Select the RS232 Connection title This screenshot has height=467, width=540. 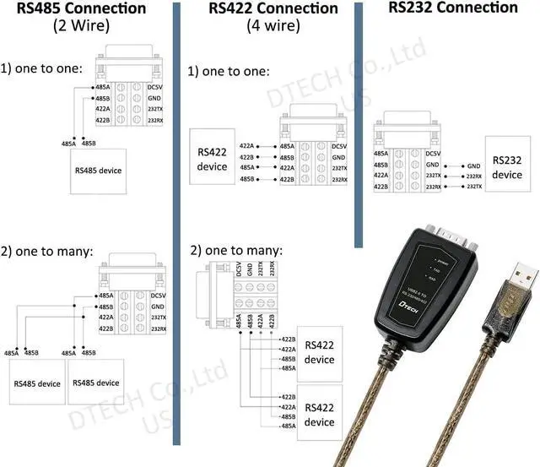tap(453, 8)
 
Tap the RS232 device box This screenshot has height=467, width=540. tap(507, 167)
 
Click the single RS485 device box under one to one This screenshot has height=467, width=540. tap(98, 171)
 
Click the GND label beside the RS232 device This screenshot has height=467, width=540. tap(473, 166)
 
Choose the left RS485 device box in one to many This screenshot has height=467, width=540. tap(36, 383)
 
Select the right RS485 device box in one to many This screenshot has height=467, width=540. tap(95, 383)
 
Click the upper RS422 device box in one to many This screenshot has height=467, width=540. tap(319, 352)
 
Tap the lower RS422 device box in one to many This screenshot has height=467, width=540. tap(319, 415)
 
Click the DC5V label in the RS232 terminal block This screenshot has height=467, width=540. tap(433, 154)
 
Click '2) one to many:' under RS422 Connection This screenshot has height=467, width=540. tap(236, 252)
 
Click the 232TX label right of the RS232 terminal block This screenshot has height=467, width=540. tap(474, 186)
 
